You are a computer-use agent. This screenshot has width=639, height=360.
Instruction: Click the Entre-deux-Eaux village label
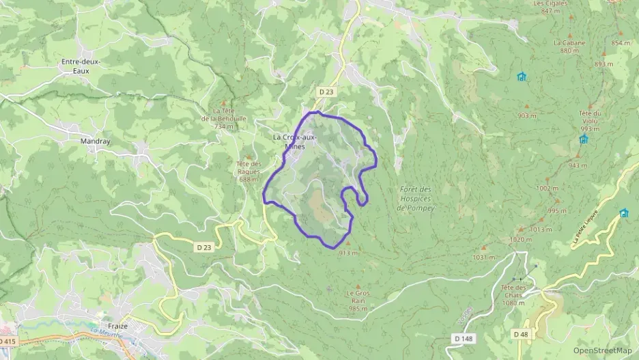point(81,66)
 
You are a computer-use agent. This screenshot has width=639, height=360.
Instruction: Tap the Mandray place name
point(95,141)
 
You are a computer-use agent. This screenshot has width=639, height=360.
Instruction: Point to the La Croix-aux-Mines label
point(294,141)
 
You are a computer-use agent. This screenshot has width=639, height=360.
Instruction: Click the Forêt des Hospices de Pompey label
point(416,198)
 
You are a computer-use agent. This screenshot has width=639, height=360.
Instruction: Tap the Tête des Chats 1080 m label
point(513,294)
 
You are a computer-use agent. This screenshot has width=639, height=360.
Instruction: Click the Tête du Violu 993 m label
point(589,121)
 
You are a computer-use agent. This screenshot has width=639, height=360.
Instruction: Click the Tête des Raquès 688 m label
point(248,171)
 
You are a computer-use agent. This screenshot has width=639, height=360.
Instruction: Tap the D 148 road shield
point(462,337)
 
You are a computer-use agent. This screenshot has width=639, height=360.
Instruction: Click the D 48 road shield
point(520,333)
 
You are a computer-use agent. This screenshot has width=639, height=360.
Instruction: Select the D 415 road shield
point(7,340)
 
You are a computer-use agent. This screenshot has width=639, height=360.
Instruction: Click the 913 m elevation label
point(347,252)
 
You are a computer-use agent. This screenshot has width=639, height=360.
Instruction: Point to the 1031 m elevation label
point(482,258)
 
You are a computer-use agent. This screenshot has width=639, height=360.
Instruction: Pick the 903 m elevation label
point(526,115)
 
